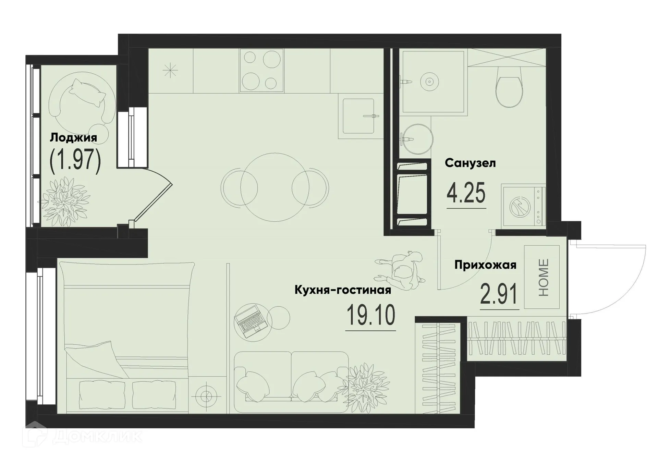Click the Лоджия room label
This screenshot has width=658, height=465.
click(x=73, y=138)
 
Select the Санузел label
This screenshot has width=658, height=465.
click(x=470, y=163)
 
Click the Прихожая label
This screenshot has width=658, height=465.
click(x=485, y=265)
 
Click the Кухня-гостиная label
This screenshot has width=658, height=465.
click(x=343, y=290)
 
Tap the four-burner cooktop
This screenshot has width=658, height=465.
click(x=262, y=70)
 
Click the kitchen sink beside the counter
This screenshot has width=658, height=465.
click(x=358, y=116)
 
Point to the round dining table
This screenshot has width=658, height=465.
click(x=275, y=187)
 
